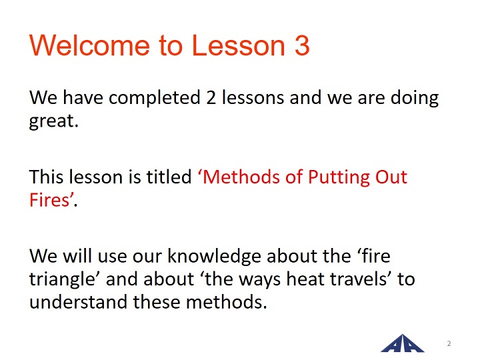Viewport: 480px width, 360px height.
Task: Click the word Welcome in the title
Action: click(x=89, y=45)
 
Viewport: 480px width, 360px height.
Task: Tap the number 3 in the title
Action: click(x=302, y=45)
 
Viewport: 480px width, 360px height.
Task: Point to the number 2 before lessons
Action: click(x=211, y=98)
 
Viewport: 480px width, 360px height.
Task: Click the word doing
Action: click(x=415, y=99)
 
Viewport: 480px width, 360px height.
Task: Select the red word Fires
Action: click(x=49, y=200)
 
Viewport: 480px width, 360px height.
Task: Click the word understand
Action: click(x=79, y=302)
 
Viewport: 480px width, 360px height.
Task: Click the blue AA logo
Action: click(x=403, y=343)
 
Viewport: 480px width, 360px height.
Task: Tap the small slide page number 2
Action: click(x=449, y=343)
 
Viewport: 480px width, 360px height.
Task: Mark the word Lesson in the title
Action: click(x=239, y=45)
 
